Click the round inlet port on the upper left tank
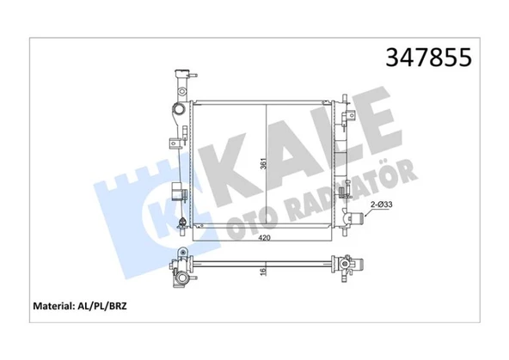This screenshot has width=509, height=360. click(178, 111)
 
